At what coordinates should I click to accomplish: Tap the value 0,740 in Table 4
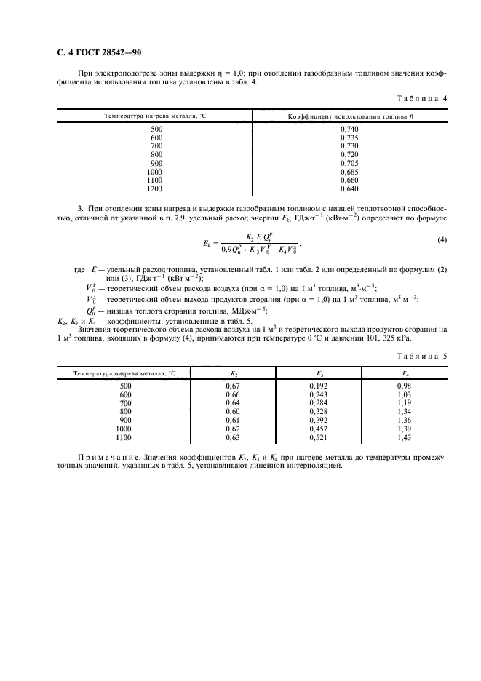click(349, 128)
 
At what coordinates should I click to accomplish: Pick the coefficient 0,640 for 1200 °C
click(349, 189)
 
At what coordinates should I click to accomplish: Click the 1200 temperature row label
click(154, 189)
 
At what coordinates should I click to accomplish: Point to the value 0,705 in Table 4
click(349, 163)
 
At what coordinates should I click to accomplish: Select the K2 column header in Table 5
click(233, 373)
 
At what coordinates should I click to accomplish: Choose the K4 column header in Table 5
click(405, 373)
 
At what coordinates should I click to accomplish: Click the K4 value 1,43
click(405, 439)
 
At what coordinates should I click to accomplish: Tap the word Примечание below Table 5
click(106, 457)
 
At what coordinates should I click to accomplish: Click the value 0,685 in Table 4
click(349, 172)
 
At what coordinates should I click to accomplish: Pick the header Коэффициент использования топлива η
click(351, 116)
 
